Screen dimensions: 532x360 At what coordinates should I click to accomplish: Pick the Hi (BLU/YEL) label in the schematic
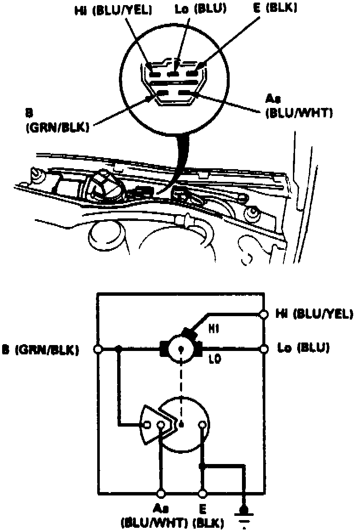314,314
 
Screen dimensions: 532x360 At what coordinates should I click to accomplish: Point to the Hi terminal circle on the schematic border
264,314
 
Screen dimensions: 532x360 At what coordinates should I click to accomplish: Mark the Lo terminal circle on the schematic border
264,348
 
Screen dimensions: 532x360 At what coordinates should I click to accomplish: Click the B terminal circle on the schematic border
98,349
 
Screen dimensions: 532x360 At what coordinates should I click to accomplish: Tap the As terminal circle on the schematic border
161,494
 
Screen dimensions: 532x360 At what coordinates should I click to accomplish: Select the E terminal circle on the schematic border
203,494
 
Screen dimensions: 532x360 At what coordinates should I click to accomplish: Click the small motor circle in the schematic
181,349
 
